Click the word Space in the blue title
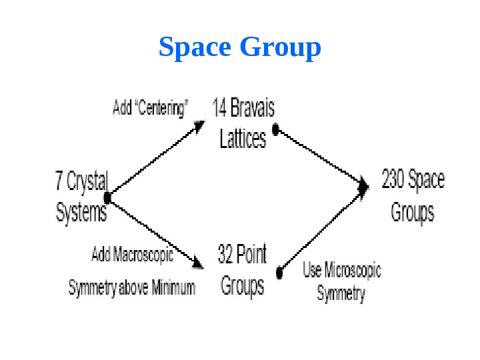pyautogui.click(x=195, y=48)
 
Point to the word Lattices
pyautogui.click(x=243, y=138)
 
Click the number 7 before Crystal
pyautogui.click(x=60, y=180)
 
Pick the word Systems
pyautogui.click(x=81, y=212)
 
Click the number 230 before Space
pyautogui.click(x=393, y=180)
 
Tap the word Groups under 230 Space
pyautogui.click(x=412, y=212)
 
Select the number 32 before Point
pyautogui.click(x=227, y=254)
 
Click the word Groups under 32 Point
pyautogui.click(x=242, y=285)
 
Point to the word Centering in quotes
pyautogui.click(x=163, y=107)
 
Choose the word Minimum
pyautogui.click(x=173, y=288)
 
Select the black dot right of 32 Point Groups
pyautogui.click(x=280, y=272)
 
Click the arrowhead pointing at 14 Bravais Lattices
pyautogui.click(x=199, y=125)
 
